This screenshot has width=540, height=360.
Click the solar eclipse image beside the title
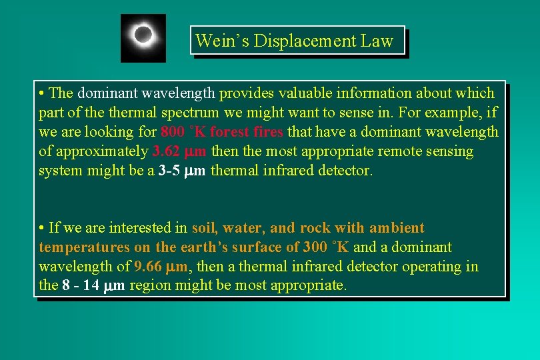143,37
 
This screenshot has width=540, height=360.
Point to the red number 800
173,132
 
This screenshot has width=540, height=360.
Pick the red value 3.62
166,151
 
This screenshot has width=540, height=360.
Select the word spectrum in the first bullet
189,113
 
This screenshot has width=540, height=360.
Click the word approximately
101,151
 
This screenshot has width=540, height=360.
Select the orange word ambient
397,228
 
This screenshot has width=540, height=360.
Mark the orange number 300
315,247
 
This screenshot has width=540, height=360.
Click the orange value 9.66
147,267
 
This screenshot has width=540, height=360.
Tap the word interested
153,228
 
